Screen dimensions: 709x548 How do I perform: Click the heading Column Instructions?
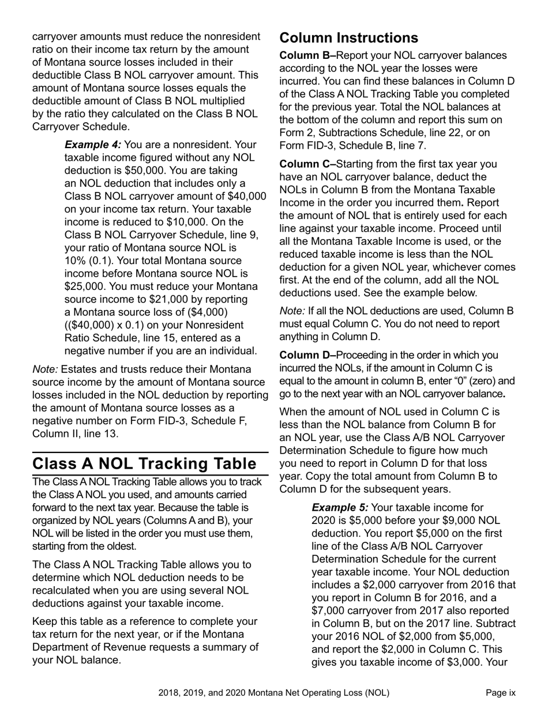pyautogui.click(x=348, y=38)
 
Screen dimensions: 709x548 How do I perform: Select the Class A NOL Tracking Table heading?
pyautogui.click(x=144, y=463)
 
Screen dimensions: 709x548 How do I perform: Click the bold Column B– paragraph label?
pyautogui.click(x=307, y=55)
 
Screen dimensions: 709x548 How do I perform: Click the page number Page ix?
pyautogui.click(x=500, y=693)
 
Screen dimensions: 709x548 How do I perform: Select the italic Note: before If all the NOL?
pyautogui.click(x=292, y=311)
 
